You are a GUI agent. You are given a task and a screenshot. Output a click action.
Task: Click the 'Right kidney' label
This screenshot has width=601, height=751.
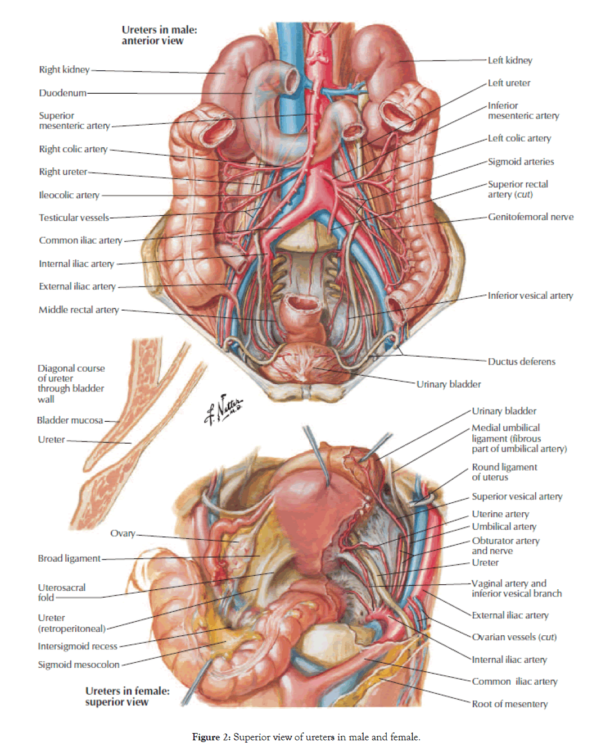pos(64,70)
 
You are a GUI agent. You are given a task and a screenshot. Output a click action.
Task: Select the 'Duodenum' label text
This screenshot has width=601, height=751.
pos(62,93)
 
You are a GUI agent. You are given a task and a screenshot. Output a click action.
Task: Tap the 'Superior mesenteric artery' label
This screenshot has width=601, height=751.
pos(74,121)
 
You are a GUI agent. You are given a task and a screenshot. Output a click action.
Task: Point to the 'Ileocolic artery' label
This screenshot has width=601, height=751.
pos(69,195)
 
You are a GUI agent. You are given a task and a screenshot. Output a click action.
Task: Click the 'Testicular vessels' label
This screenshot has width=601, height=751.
pos(74,218)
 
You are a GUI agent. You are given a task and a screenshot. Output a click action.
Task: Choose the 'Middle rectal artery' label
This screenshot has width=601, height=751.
pos(79,310)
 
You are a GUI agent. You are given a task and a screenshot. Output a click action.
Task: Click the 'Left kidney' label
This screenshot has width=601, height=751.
pos(509,61)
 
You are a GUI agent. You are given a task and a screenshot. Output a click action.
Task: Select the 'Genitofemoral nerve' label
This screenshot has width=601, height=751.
pos(530,217)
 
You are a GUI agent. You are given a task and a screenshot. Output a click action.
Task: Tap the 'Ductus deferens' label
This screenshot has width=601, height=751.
pos(521,362)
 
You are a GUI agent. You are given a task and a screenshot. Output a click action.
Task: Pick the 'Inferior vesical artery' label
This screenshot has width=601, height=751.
pos(530,295)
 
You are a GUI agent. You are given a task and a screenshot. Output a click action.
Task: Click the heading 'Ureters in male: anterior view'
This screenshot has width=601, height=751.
pos(159,35)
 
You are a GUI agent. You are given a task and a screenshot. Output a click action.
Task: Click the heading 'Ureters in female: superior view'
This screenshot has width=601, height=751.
pos(127,697)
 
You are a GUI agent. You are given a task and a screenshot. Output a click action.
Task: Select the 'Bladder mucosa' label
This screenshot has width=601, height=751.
pos(70,420)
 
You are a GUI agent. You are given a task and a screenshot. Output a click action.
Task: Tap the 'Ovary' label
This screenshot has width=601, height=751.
pos(123,534)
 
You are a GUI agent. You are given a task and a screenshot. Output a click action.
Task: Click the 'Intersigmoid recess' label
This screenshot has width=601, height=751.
pos(78,647)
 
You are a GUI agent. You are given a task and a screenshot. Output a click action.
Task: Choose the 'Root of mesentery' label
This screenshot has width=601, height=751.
pos(509,704)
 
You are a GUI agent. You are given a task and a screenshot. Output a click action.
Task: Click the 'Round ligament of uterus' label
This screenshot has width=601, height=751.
pos(504,472)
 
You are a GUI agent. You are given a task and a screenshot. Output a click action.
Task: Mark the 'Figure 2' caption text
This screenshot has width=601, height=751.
pos(306,737)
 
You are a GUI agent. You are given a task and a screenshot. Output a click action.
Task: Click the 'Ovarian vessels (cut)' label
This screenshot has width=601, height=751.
pos(514,638)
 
